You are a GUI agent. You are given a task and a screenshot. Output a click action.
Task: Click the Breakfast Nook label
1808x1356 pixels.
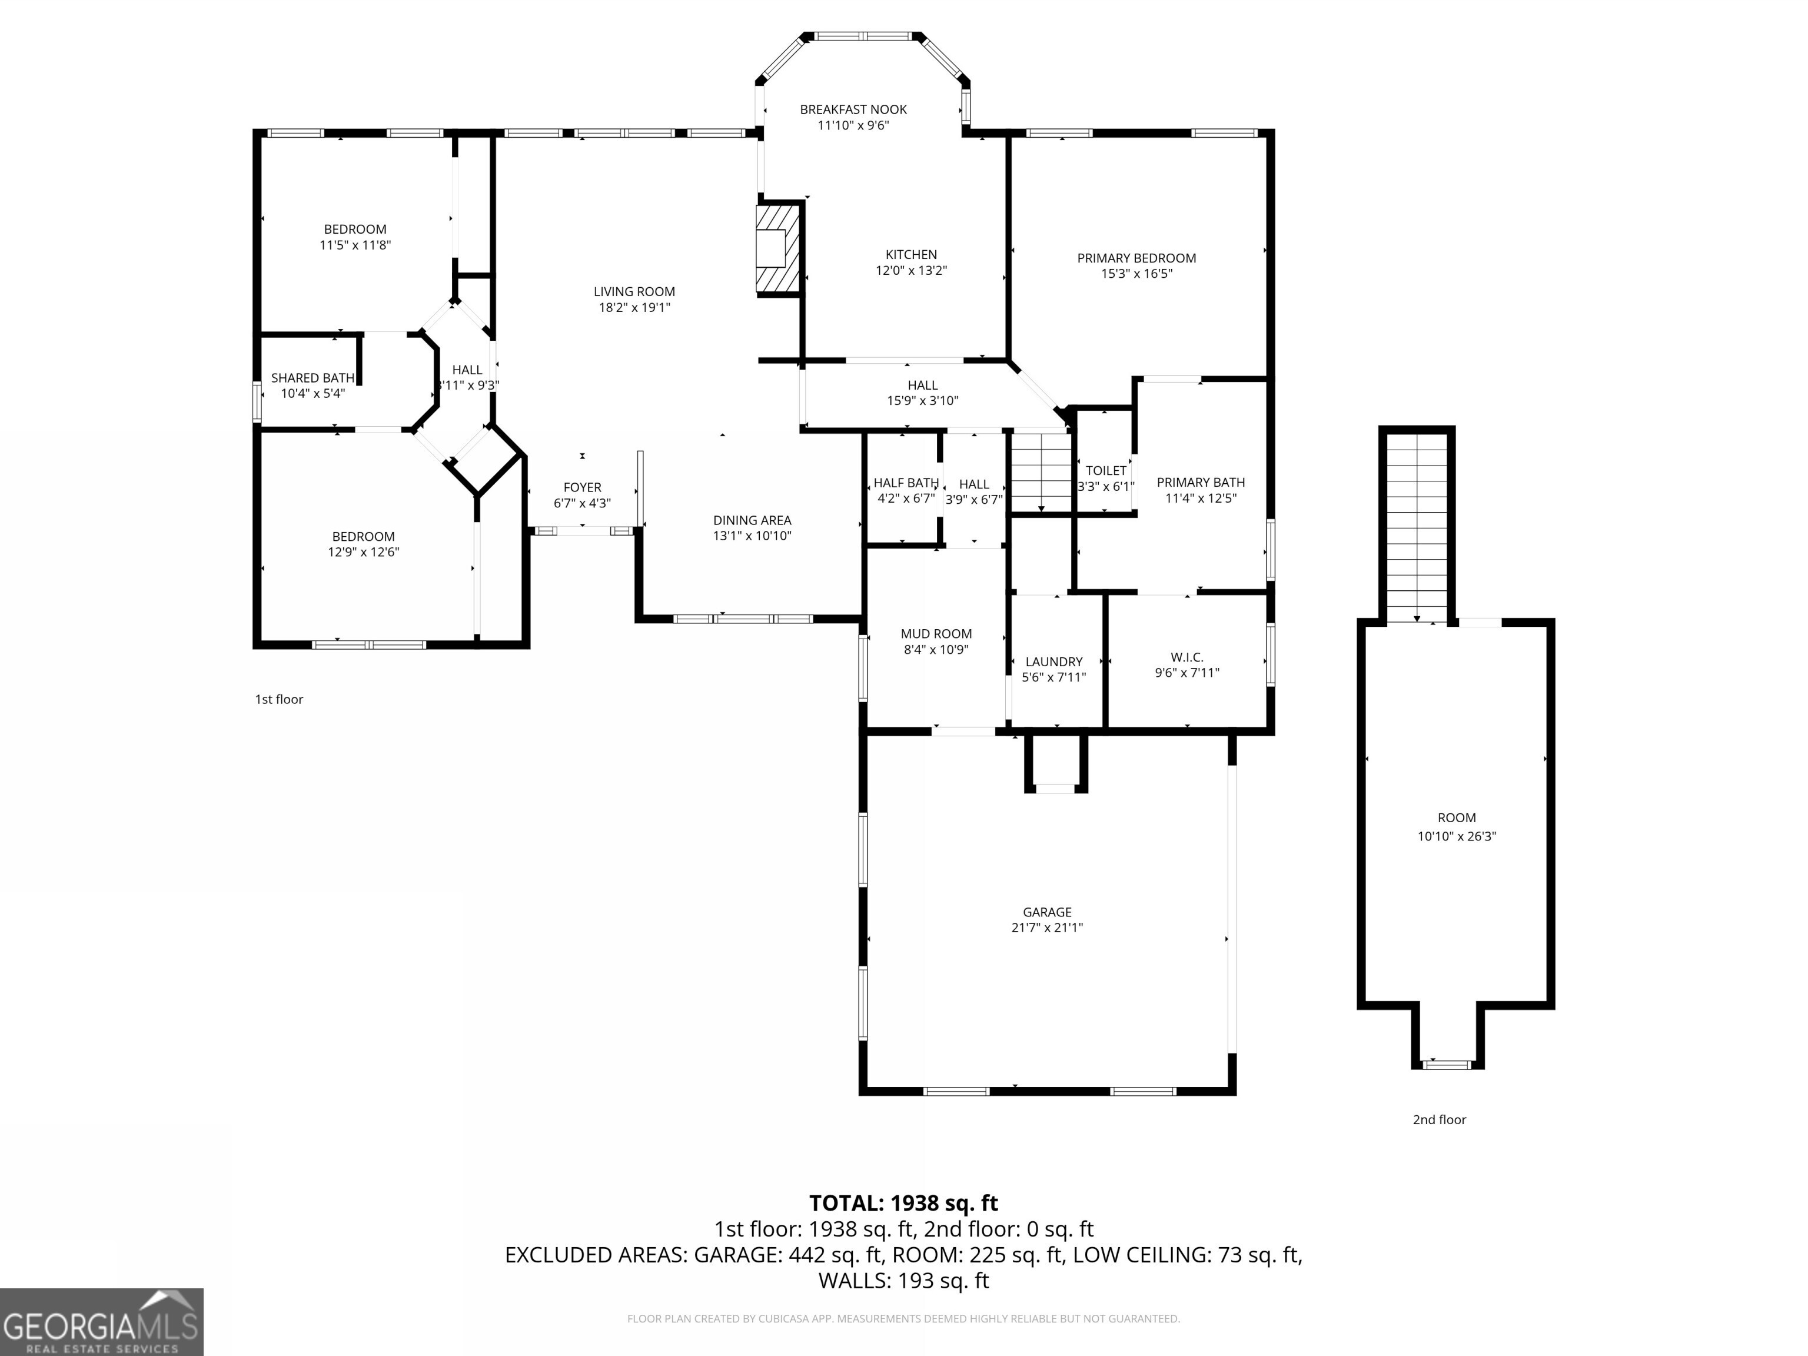853,109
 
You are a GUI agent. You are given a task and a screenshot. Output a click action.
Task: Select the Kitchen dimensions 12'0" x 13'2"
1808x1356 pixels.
910,271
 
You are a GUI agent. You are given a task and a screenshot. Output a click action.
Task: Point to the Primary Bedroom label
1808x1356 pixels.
1136,258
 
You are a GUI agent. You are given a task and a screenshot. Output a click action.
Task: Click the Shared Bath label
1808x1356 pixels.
313,378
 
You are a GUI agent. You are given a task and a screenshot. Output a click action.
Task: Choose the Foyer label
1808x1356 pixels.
582,487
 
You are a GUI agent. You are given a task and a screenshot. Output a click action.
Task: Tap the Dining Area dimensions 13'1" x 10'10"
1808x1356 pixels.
752,536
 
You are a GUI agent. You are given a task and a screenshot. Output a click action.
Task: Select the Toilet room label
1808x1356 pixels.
1105,471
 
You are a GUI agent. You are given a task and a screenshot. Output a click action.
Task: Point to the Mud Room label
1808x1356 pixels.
936,633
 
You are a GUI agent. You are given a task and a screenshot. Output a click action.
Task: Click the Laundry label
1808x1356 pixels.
1053,662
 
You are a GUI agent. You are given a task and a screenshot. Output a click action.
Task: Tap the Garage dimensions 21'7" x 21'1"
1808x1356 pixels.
1047,928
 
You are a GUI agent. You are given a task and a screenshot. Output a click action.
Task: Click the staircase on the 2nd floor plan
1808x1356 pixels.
1417,527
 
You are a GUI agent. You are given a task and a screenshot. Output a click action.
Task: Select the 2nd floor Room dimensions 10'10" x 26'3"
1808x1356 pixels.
1457,836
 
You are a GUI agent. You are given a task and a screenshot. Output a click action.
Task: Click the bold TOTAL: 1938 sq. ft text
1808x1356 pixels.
903,1203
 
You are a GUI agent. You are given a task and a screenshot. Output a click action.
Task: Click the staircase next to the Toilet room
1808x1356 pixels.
1041,471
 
